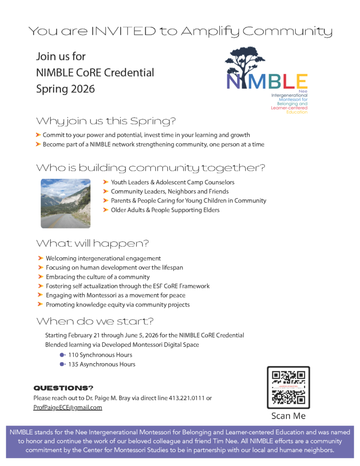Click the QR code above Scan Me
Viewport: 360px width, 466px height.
[x=288, y=387]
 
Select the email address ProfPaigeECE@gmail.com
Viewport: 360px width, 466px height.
[x=67, y=407]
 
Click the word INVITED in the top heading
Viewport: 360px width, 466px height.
[x=124, y=32]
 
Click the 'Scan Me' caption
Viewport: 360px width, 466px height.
[x=288, y=416]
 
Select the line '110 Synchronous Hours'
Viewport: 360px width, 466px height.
[x=100, y=355]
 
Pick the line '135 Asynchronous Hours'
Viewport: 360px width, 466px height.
[x=101, y=364]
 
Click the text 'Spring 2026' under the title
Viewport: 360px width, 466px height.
[x=65, y=89]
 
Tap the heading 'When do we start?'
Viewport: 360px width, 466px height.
[x=95, y=321]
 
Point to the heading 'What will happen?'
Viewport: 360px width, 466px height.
[x=92, y=243]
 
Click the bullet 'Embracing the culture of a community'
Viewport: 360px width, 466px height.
[x=97, y=277]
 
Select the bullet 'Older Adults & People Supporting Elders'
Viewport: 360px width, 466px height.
[x=165, y=210]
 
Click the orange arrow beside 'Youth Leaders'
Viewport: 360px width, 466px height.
[x=106, y=182]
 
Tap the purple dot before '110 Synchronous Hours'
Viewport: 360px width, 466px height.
[x=62, y=355]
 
